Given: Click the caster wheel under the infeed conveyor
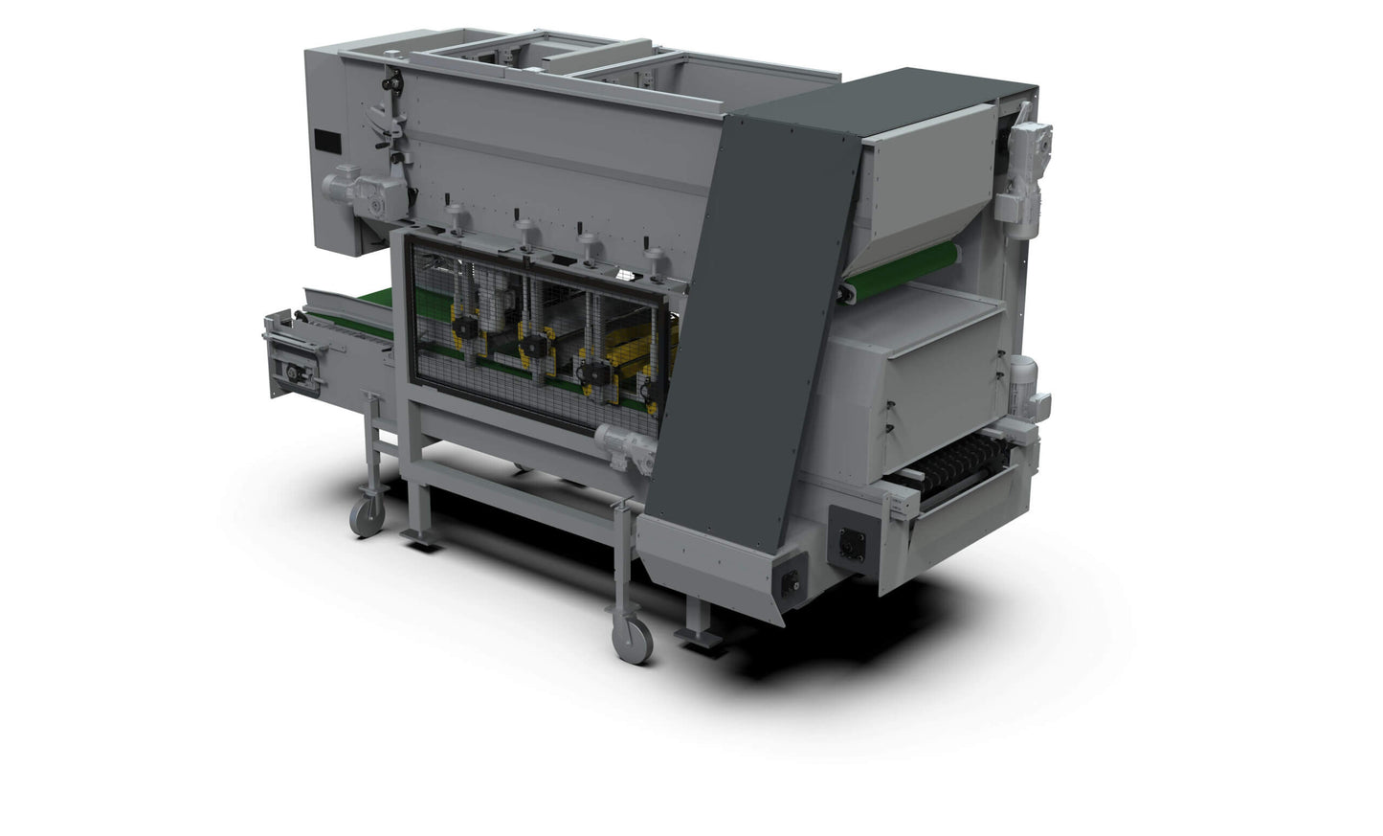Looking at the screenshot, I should click(x=368, y=517).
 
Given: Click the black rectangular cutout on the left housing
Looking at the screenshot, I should click(x=326, y=139).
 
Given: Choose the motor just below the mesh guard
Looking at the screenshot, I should click(x=624, y=444).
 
